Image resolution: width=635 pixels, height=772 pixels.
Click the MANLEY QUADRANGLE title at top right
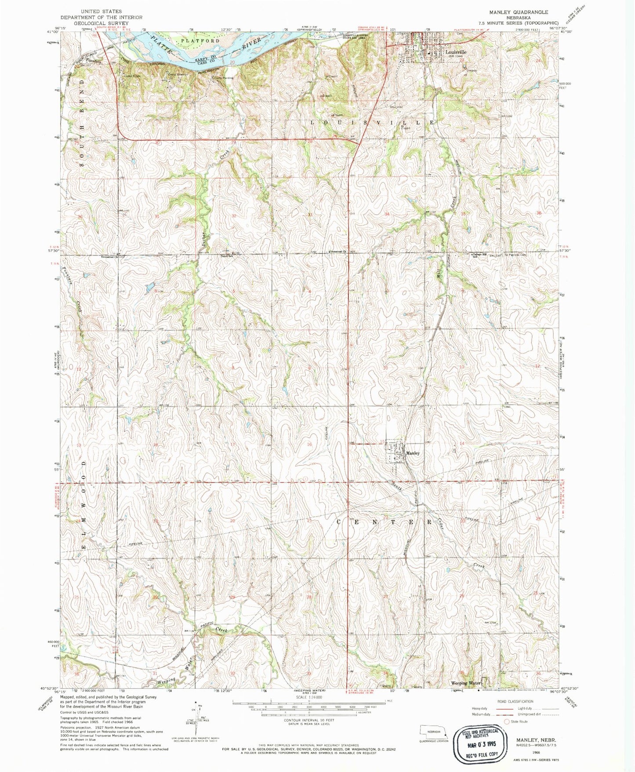coord(519,12)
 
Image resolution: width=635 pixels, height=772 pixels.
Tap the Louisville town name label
coord(456,51)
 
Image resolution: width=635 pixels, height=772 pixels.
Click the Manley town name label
coord(413,453)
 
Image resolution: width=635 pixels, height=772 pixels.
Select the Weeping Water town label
coord(466,683)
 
